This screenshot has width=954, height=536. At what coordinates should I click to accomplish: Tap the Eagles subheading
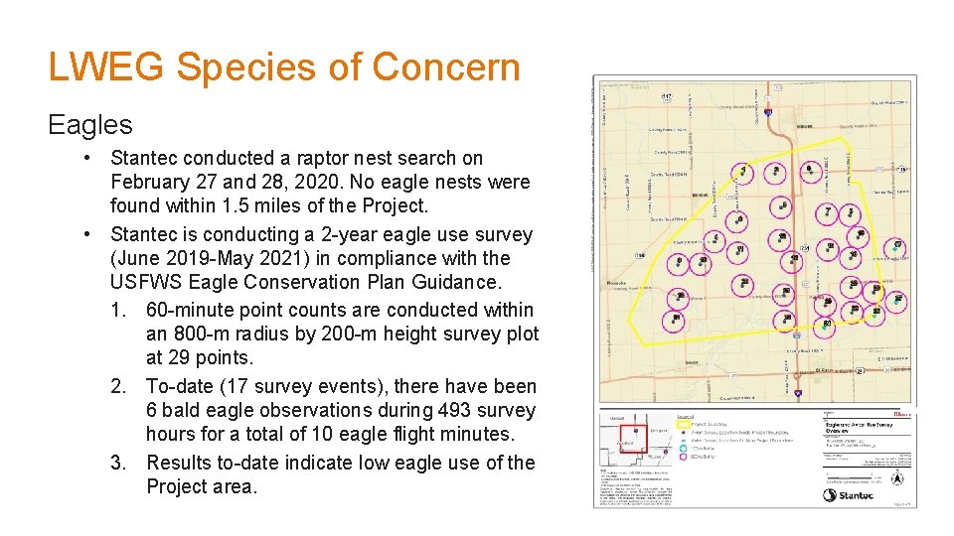[x=90, y=124]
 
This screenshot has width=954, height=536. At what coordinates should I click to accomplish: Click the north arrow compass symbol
[x=898, y=478]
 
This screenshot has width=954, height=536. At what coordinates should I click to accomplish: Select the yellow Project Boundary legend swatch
[x=683, y=422]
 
